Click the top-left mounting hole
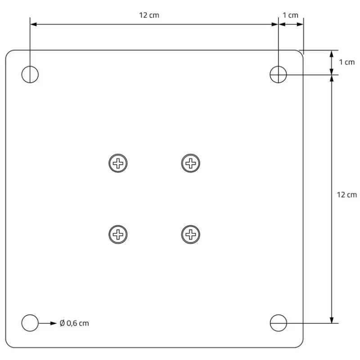[30, 74]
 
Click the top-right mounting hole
[278, 74]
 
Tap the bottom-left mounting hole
[30, 323]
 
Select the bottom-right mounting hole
[278, 323]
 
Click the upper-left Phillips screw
[118, 162]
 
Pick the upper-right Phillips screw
[191, 162]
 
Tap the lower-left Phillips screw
[118, 234]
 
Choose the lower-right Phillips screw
[191, 234]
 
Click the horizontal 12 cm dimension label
[149, 15]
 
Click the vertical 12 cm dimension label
[346, 194]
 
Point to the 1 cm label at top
[290, 15]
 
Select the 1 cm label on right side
[346, 62]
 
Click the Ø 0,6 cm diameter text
[74, 323]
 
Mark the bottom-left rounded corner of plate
[8, 345]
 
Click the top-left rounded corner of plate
[8, 53]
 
